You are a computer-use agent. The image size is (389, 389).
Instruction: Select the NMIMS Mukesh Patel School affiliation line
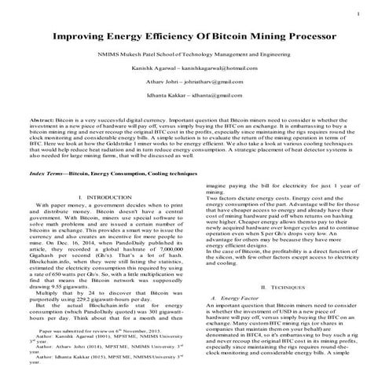[x=194, y=57]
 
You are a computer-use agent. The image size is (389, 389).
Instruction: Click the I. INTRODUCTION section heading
[x=107, y=217]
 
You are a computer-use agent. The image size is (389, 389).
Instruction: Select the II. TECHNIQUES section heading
[x=283, y=290]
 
